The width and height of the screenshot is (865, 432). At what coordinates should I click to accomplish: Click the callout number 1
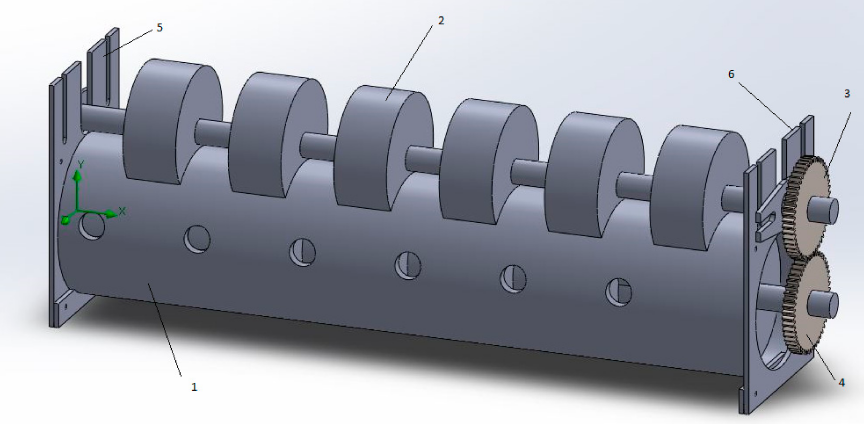(x=194, y=387)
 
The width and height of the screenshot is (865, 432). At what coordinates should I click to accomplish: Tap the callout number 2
(x=441, y=21)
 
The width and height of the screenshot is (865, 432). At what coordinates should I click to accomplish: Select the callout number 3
(x=846, y=94)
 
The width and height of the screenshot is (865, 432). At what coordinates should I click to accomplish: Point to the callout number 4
(x=841, y=382)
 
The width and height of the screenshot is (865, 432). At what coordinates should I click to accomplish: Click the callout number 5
(x=160, y=28)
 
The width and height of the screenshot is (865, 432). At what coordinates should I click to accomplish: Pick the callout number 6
(x=731, y=74)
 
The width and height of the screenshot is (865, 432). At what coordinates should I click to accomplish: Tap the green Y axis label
(x=81, y=164)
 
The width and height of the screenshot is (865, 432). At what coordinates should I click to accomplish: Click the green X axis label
(x=122, y=211)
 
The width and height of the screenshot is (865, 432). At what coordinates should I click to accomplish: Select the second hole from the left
(x=197, y=239)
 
